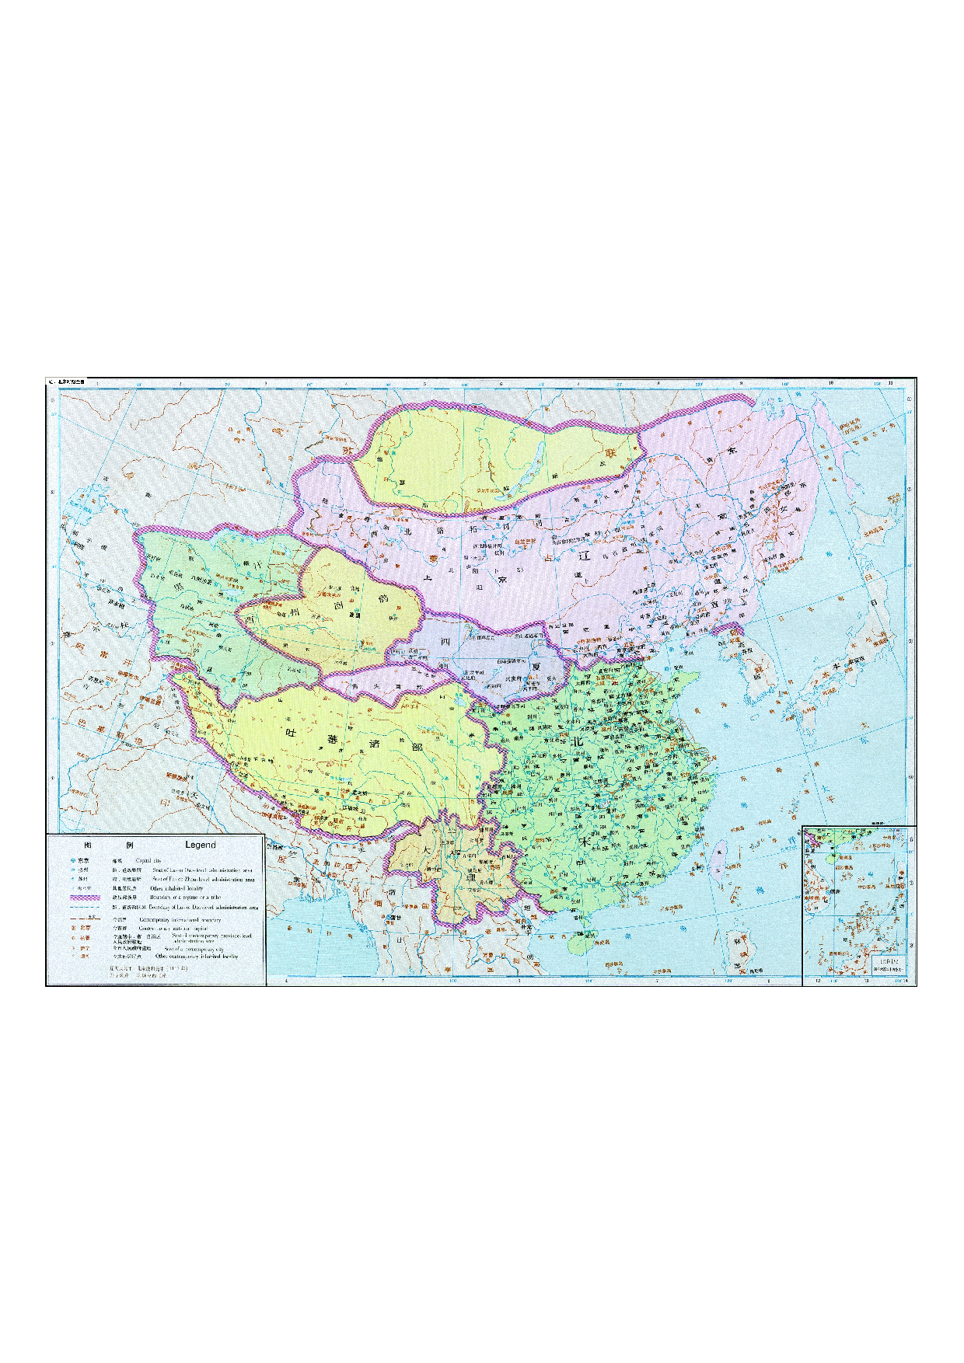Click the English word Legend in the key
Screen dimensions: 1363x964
tap(200, 845)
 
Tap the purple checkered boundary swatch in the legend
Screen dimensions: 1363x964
tap(84, 898)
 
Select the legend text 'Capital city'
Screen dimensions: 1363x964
tap(148, 861)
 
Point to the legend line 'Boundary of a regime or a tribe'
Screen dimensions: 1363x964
tap(185, 898)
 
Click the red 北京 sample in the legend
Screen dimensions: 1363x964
tap(84, 928)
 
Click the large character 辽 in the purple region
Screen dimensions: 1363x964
tap(585, 556)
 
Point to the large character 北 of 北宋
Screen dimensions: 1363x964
tap(577, 742)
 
